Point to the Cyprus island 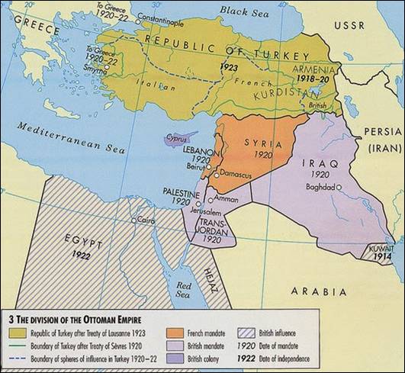coord(177,140)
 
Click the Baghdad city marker coord(339,186)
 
